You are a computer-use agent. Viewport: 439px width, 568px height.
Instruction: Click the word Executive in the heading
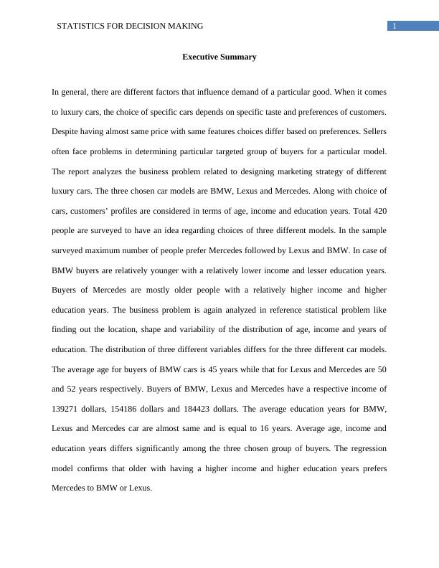click(x=199, y=57)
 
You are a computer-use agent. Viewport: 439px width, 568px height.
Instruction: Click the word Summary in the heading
click(x=238, y=57)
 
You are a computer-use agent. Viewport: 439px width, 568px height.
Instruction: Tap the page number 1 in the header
click(x=395, y=27)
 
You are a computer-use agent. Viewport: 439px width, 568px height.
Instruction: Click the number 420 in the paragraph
click(x=379, y=212)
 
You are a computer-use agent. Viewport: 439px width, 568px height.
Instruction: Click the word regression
click(x=367, y=448)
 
